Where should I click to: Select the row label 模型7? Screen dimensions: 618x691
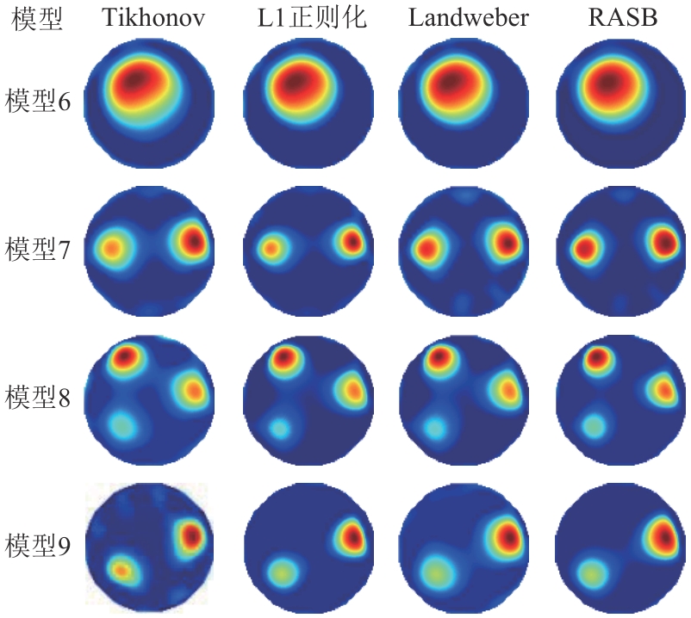click(37, 250)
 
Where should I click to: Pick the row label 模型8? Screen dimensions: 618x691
click(37, 398)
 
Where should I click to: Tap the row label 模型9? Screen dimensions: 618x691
click(37, 545)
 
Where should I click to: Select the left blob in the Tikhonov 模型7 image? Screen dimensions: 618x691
click(111, 249)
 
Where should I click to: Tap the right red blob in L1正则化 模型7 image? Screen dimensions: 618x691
click(352, 243)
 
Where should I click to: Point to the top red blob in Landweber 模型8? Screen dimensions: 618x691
click(439, 356)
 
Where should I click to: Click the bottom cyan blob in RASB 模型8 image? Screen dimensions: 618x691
click(593, 424)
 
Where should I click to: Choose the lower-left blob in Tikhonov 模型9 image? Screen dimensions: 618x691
click(121, 568)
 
